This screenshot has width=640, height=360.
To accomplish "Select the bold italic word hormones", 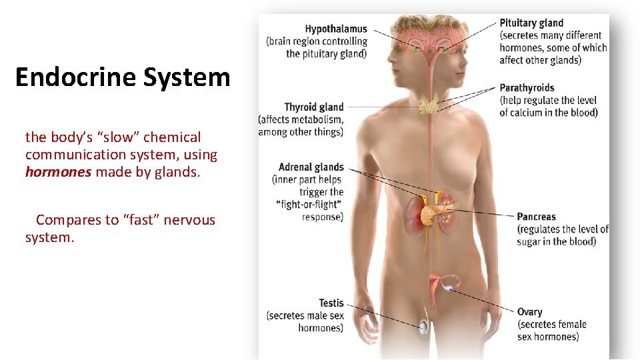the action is click(x=58, y=172).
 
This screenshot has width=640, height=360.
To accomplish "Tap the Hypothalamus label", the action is click(x=336, y=29).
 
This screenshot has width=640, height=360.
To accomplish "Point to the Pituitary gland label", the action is click(x=531, y=23).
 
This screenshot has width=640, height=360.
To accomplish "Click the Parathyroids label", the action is click(x=527, y=87).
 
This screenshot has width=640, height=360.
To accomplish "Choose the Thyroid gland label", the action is click(x=314, y=107).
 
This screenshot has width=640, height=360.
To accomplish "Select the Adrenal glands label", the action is click(x=311, y=167).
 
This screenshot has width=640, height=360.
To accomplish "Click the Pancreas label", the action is click(x=536, y=217).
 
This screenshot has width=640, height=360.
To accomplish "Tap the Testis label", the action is click(x=331, y=303).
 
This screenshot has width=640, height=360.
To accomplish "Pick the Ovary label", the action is click(x=529, y=311).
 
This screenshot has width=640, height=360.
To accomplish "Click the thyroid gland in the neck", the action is click(x=428, y=105).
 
